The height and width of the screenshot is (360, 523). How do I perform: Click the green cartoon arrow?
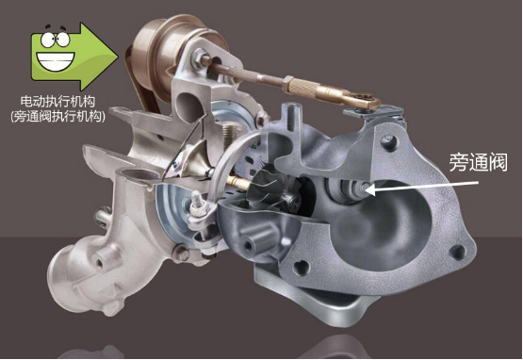click(74, 56)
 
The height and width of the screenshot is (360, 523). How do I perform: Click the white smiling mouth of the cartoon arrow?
click(56, 61)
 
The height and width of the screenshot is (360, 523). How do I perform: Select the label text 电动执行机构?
click(57, 101)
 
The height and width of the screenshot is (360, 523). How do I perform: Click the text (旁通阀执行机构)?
click(57, 116)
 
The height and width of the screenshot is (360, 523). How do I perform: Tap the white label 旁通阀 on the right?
click(478, 162)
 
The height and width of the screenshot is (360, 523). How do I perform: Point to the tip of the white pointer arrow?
click(366, 190)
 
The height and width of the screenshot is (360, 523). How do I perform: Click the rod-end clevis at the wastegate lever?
click(363, 100)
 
